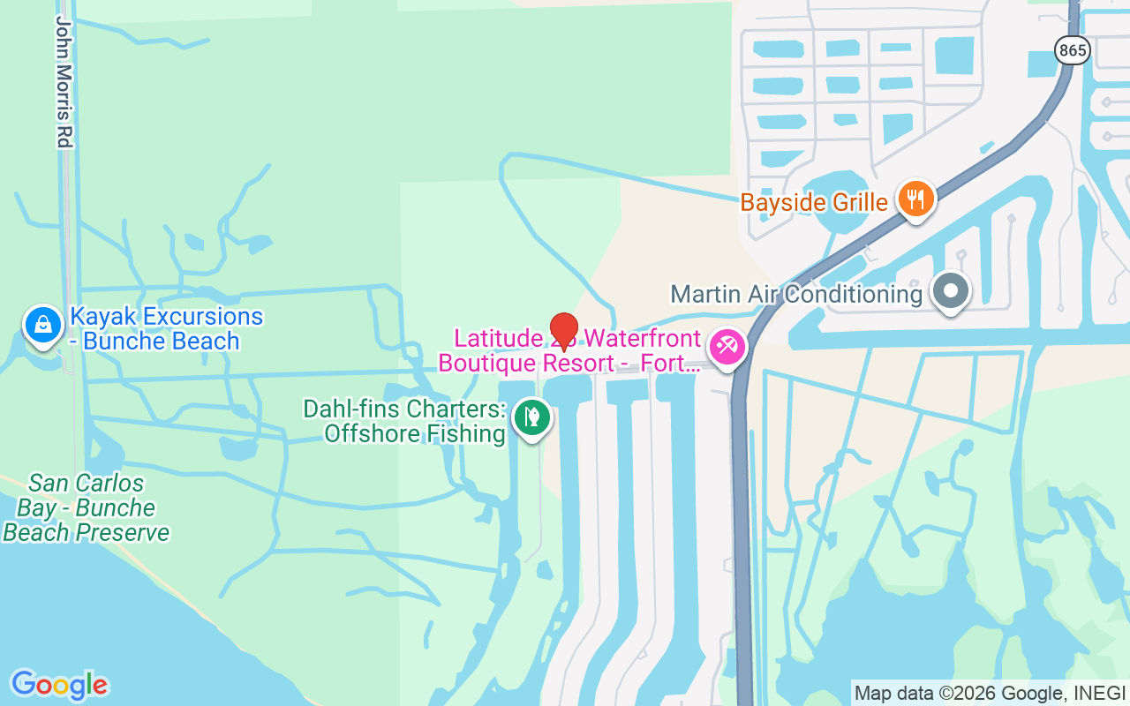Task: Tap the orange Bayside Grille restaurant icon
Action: (917, 199)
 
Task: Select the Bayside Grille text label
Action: (813, 202)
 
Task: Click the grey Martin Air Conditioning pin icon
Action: (951, 291)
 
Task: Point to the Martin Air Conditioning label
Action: (796, 294)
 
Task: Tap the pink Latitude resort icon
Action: (728, 346)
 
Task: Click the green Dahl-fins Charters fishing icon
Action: (532, 417)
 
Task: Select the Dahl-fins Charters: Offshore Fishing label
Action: (404, 422)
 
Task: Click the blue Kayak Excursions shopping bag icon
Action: (41, 325)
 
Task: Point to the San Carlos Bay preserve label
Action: (87, 508)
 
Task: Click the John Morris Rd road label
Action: (64, 82)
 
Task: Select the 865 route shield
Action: (1072, 50)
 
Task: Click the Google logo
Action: (59, 685)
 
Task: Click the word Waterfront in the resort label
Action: (643, 339)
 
